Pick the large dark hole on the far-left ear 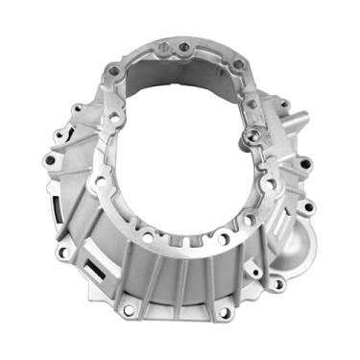[48, 159]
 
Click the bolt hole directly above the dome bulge [304, 207]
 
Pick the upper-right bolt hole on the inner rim [236, 65]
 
